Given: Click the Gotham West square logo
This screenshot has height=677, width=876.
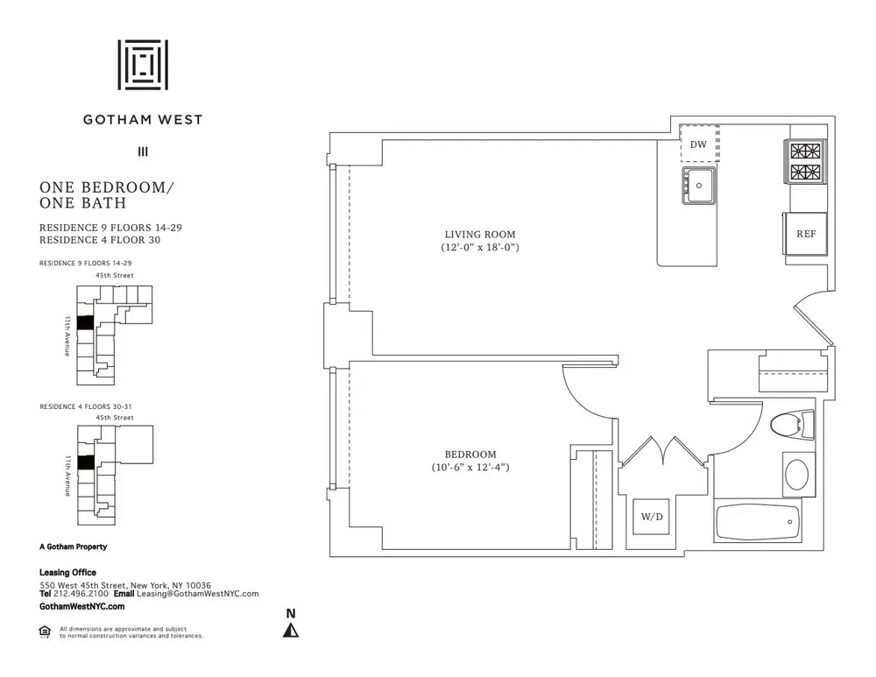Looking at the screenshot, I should click(143, 64).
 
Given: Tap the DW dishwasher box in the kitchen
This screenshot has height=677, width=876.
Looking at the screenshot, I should click(699, 144).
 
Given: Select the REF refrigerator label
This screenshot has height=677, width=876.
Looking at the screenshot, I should click(806, 235).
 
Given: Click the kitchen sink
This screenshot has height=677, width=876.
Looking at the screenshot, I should click(699, 185).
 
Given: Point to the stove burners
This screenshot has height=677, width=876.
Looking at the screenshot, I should click(807, 160).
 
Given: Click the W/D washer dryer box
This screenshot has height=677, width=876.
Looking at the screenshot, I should click(652, 517).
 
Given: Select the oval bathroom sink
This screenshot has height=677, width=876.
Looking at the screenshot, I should click(797, 474).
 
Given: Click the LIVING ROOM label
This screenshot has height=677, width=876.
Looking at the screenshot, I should click(479, 235).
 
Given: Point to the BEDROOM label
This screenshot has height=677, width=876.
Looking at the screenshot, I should click(470, 455).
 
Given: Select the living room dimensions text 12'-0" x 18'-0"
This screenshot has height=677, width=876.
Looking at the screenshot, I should click(479, 249).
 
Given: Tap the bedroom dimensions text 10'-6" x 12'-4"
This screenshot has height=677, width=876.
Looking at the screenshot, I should click(470, 468).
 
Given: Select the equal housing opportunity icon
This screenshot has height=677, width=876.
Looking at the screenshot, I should click(45, 631).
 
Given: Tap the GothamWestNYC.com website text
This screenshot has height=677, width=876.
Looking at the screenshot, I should click(82, 606).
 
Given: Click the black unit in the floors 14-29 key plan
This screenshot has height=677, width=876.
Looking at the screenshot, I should click(85, 322).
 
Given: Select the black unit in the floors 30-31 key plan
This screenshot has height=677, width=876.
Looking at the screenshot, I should click(85, 462).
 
